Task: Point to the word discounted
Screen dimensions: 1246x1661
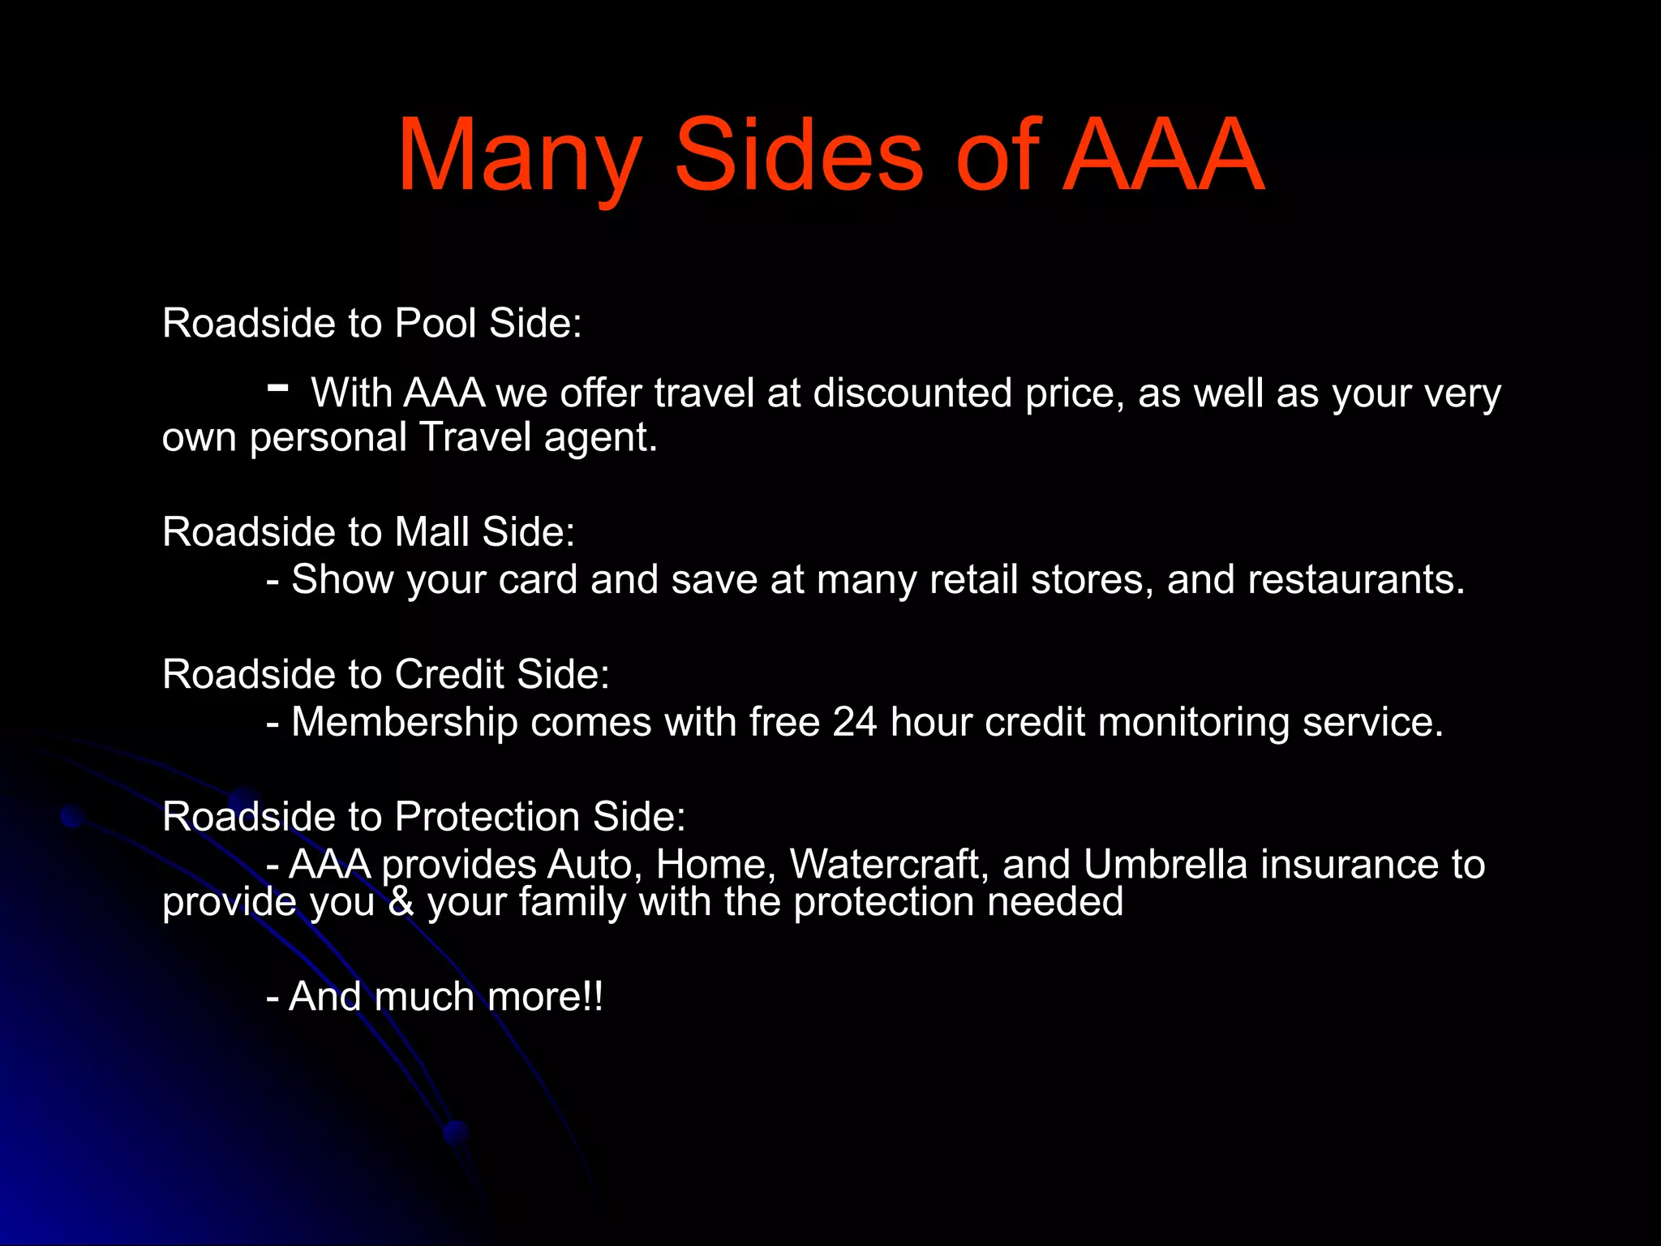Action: click(x=912, y=393)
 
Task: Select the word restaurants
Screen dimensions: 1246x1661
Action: click(x=1356, y=580)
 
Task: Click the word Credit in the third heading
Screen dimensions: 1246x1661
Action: click(x=449, y=674)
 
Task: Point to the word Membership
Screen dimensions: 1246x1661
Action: click(x=405, y=722)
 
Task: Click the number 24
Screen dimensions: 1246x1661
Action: click(x=855, y=722)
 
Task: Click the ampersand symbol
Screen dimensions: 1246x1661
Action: click(x=401, y=902)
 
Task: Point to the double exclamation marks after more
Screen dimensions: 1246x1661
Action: click(x=593, y=996)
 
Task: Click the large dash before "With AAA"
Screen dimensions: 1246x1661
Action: click(x=277, y=388)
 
